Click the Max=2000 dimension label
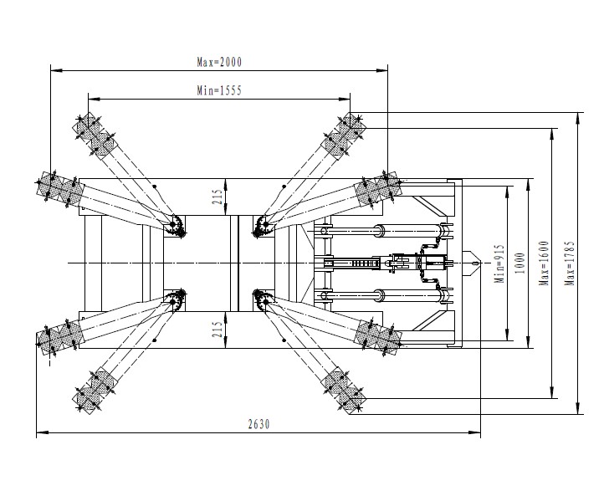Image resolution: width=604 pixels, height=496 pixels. tap(219, 62)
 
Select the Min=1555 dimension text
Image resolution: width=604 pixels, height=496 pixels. tap(219, 90)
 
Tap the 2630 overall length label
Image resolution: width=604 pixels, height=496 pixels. tap(258, 424)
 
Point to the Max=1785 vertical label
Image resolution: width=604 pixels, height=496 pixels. tap(570, 263)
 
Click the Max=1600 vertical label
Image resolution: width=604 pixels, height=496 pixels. tap(544, 263)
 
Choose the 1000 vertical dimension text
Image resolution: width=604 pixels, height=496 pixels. tap(520, 263)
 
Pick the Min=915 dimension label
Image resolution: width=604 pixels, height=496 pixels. tap(499, 263)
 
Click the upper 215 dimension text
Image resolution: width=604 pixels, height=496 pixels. tap(218, 197)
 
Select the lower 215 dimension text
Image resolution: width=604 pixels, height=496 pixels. tap(218, 330)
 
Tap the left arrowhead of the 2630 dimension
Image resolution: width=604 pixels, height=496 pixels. tap(42, 432)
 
